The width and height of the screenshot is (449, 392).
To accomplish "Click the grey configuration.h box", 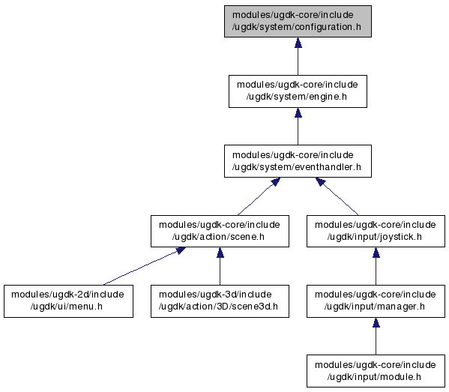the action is point(298,21).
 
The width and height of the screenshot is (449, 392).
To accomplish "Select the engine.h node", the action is point(298,91).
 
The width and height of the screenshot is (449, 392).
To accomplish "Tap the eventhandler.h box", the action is point(298,161).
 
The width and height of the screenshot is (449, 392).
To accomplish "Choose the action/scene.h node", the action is point(220,231).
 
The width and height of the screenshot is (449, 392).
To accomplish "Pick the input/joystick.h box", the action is point(376,231).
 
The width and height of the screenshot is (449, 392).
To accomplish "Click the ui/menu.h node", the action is point(68,301).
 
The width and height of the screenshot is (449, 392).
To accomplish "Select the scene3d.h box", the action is point(220,301).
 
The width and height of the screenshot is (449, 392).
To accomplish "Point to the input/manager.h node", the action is point(376,301).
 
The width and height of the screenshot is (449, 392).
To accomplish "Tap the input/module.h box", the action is point(376,371).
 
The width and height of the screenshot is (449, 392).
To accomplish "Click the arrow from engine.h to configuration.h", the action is point(298,56).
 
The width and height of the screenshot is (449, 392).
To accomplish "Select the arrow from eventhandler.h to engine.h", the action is point(298,127).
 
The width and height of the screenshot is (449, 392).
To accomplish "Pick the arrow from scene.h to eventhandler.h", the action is point(259,196).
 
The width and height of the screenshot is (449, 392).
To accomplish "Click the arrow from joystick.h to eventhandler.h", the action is point(337,196).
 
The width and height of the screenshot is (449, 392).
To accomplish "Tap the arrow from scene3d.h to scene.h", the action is point(220,266).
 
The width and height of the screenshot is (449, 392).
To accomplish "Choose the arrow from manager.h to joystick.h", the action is point(376,266).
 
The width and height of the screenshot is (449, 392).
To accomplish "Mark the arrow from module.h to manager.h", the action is point(376,337).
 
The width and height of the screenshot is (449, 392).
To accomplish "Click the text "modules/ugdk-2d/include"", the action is point(67,295).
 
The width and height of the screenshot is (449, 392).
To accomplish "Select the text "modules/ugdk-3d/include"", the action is point(215,295).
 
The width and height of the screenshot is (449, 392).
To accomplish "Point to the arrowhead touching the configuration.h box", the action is point(298,43).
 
